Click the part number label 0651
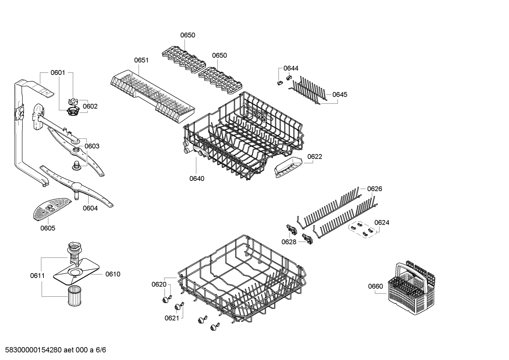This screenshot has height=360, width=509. coord(141,60)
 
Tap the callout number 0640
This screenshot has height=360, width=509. coord(197,178)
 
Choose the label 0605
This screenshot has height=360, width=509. coord(48,228)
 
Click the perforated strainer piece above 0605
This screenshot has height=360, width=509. coord(49,208)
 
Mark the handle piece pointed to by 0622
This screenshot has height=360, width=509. coord(288,166)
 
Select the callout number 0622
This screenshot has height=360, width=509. coord(315,157)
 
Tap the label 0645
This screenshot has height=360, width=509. coord(340,94)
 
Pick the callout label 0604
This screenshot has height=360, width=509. coord(90,208)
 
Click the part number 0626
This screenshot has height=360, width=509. coord(375,189)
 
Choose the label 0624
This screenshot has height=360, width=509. coord(382,222)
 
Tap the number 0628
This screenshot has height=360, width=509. coord(289,242)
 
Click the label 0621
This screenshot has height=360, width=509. coord(172,318)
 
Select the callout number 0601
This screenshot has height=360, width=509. coord(58,73)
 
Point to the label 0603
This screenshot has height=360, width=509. coord(92,146)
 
